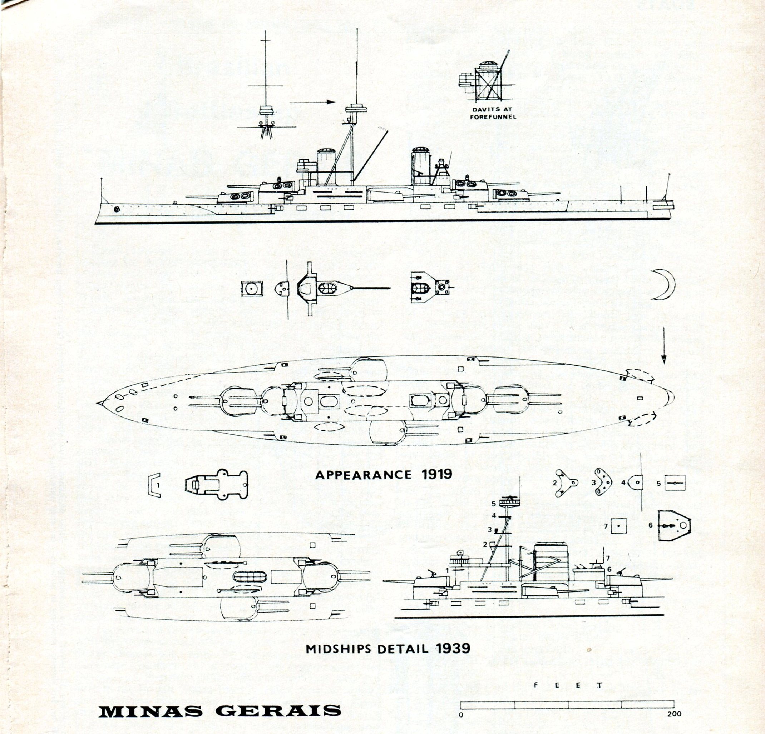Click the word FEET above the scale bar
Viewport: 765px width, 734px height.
(x=568, y=686)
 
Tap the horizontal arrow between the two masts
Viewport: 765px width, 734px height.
(x=312, y=102)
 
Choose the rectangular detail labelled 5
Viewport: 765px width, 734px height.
(x=675, y=483)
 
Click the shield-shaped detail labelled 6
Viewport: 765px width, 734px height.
(x=674, y=525)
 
